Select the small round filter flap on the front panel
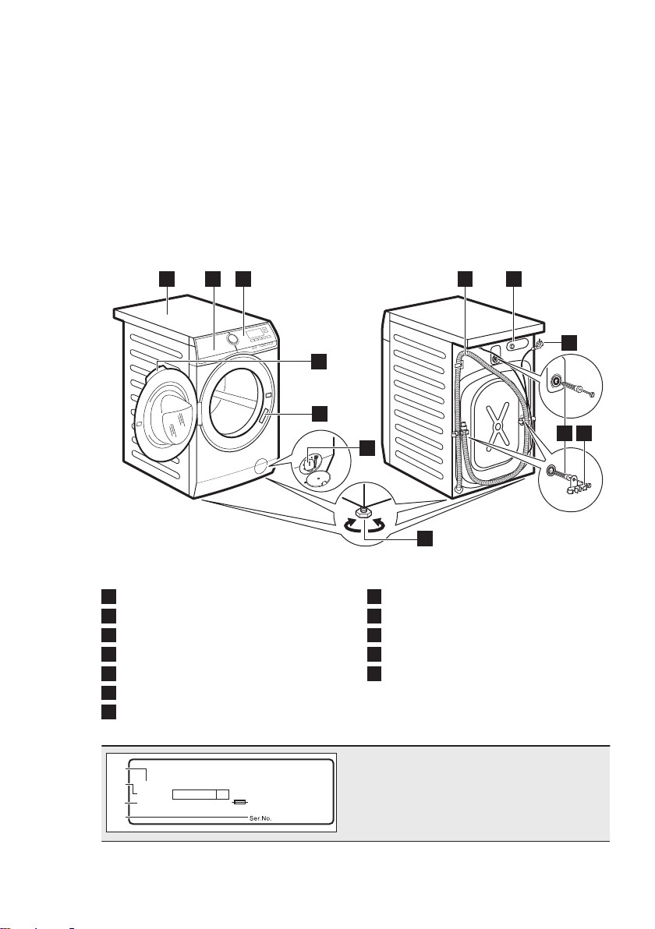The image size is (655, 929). pyautogui.click(x=258, y=466)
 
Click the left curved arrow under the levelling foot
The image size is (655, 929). pyautogui.click(x=350, y=525)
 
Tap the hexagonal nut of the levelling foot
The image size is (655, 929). pyautogui.click(x=362, y=511)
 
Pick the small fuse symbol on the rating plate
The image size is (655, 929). pyautogui.click(x=239, y=802)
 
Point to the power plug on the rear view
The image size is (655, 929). pyautogui.click(x=539, y=344)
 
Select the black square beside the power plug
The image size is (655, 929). pyautogui.click(x=569, y=342)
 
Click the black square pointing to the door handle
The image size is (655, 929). pyautogui.click(x=320, y=412)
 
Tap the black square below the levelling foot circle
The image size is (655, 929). pyautogui.click(x=424, y=538)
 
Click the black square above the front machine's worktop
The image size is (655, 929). pyautogui.click(x=168, y=279)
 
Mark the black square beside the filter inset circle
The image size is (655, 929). pyautogui.click(x=367, y=448)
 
